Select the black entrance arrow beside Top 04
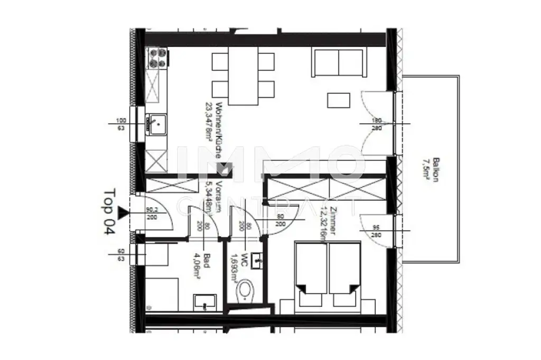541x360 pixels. (x=123, y=213)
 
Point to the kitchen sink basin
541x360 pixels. (x=156, y=123)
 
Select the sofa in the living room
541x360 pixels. (x=339, y=62)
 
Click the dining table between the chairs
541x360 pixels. (x=243, y=76)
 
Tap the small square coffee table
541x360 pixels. (x=339, y=101)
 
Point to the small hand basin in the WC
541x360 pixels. (x=258, y=259)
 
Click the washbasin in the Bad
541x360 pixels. (x=204, y=303)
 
